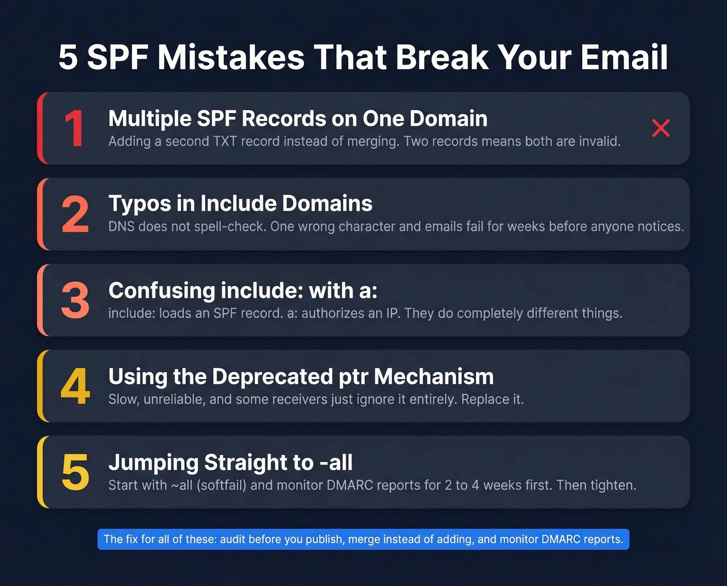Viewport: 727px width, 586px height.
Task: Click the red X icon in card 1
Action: [661, 128]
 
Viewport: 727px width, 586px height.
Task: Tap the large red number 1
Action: [74, 129]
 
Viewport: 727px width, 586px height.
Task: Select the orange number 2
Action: [75, 214]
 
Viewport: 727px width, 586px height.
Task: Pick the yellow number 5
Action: [75, 472]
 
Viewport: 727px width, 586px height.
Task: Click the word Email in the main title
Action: [624, 57]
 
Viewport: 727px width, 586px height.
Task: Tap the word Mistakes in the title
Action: [231, 57]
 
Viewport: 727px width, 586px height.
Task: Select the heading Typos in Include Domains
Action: [240, 204]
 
